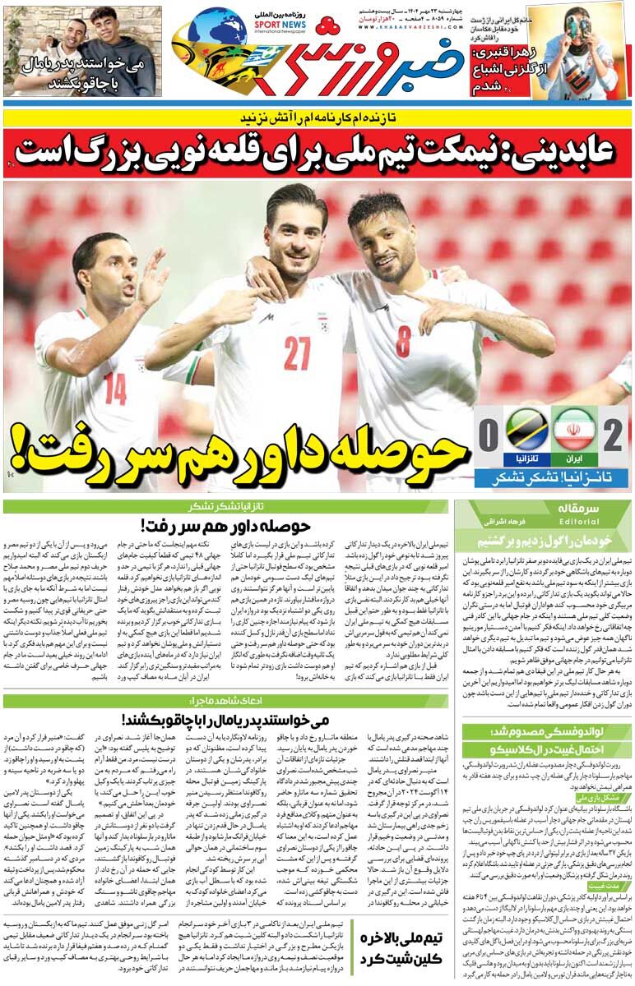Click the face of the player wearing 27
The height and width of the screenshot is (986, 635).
click(x=298, y=234)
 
